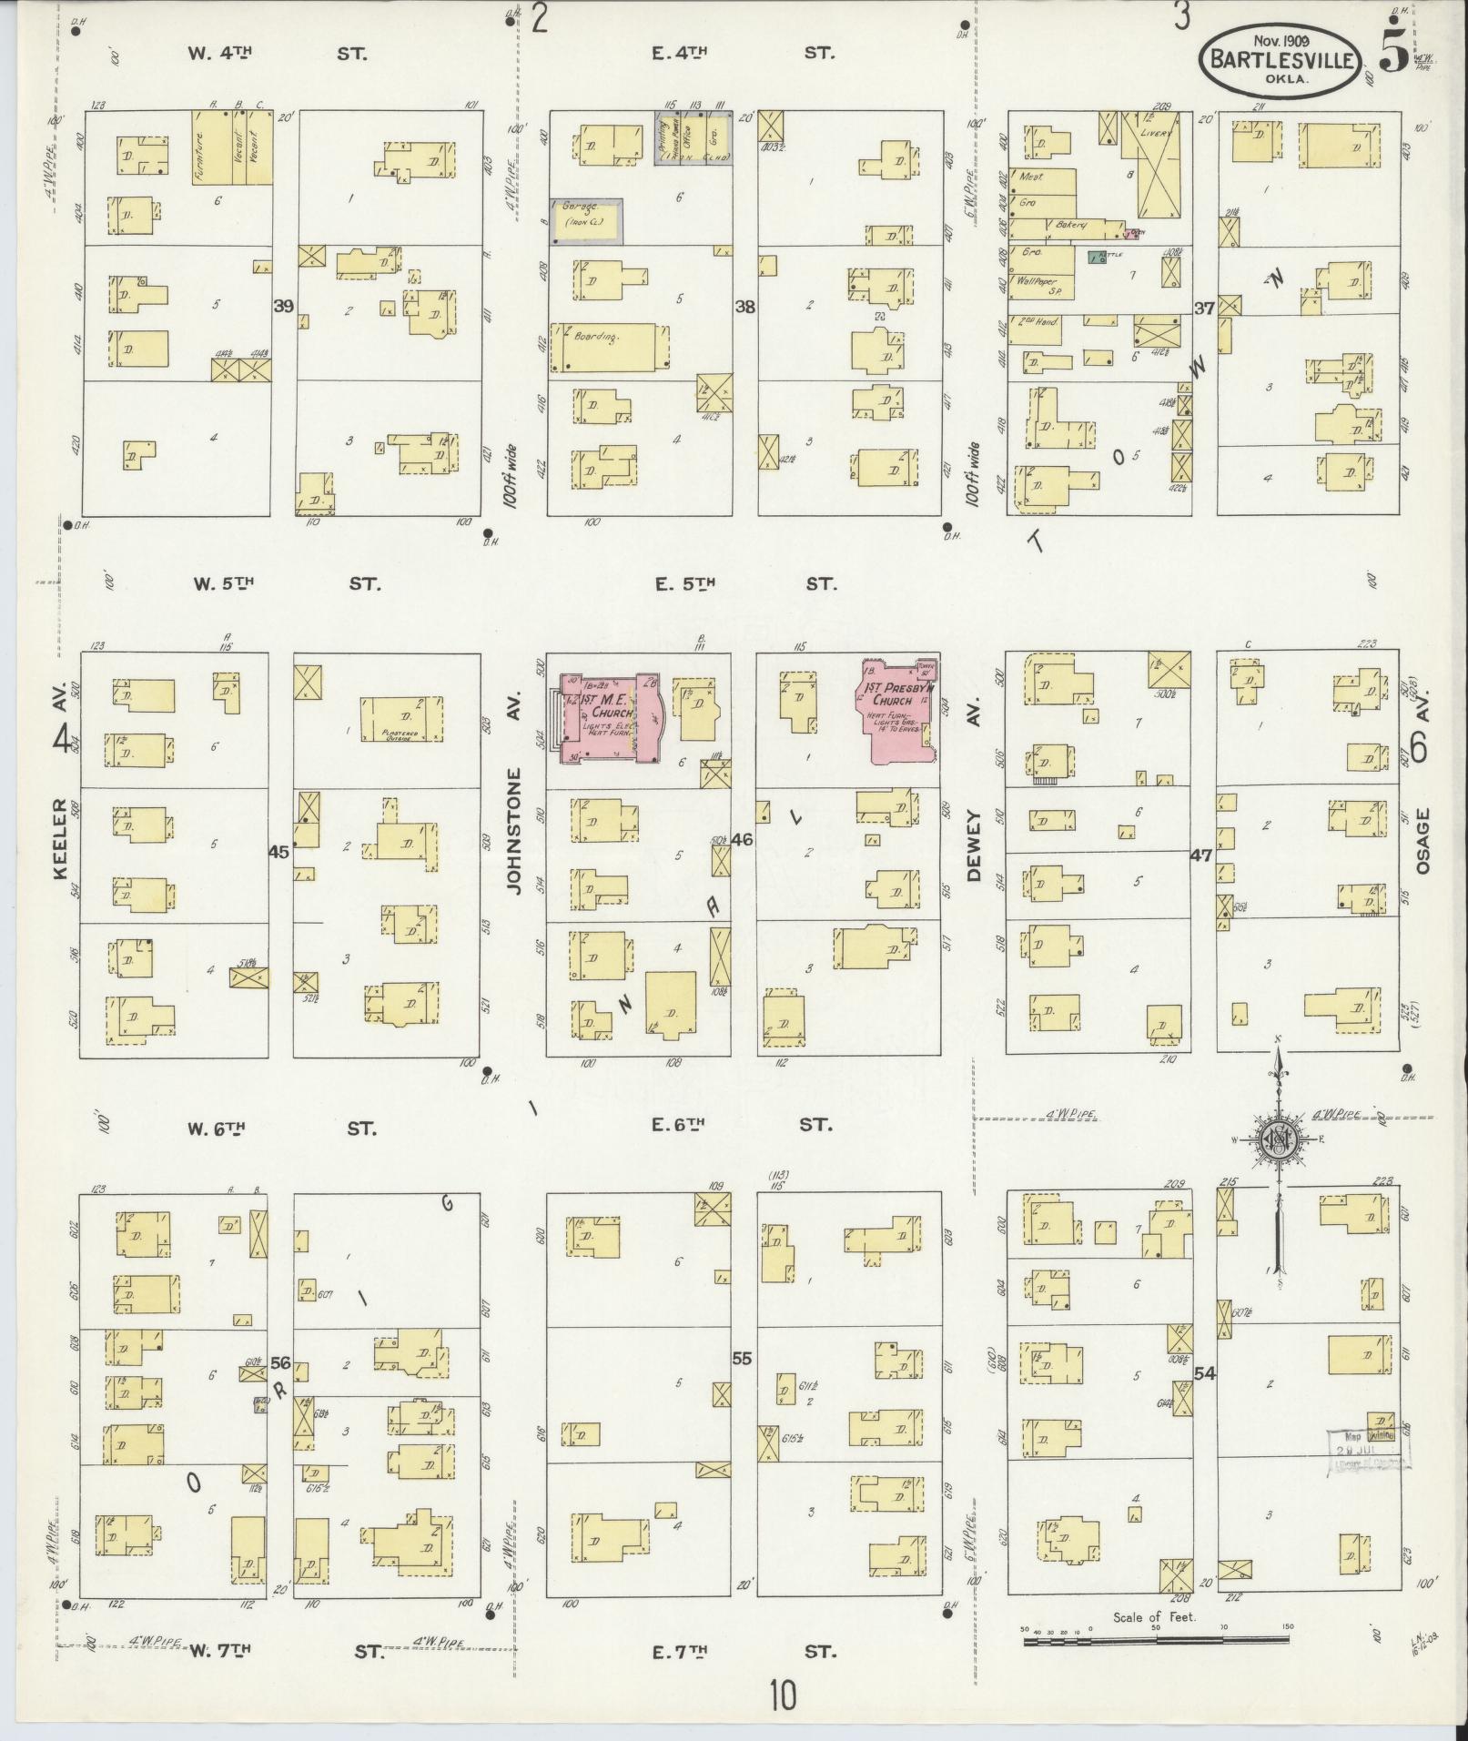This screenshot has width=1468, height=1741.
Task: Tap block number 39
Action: click(x=284, y=307)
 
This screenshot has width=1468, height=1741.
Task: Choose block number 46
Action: click(x=742, y=839)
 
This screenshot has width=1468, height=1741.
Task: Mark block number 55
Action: click(x=742, y=1359)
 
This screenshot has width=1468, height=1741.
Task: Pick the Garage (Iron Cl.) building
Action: click(x=587, y=221)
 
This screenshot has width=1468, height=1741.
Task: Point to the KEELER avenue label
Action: click(x=60, y=838)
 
